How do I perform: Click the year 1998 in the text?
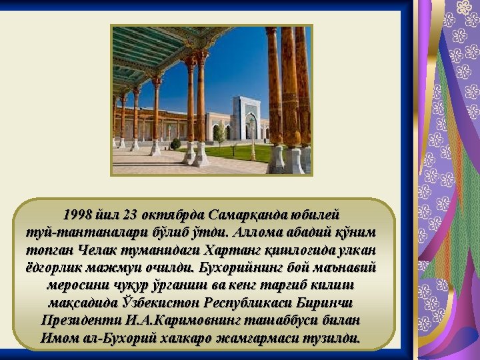77,215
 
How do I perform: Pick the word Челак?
98,250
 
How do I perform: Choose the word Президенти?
81,321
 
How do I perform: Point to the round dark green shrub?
175,144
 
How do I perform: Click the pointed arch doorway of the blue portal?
251,126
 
